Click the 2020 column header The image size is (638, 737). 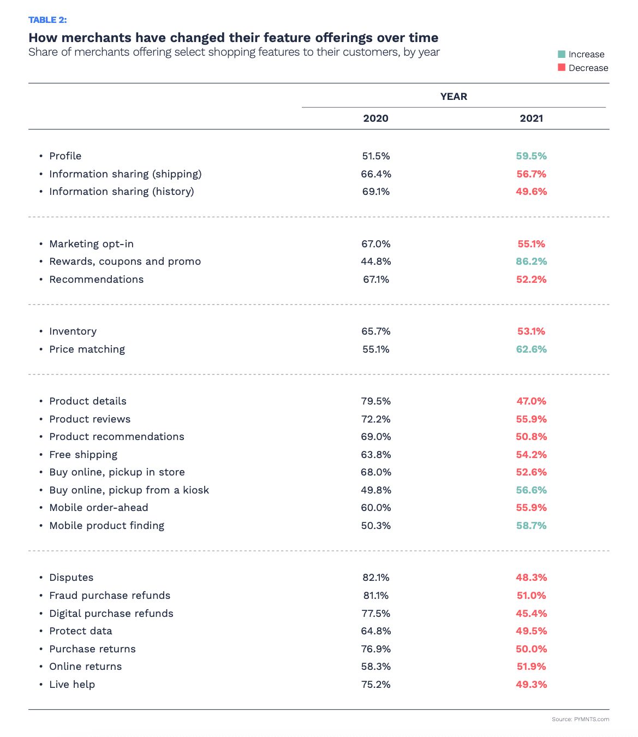coord(375,118)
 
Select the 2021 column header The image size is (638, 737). coord(531,118)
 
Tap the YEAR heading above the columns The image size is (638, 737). coord(454,96)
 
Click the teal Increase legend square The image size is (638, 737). coord(562,54)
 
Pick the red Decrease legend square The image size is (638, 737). coord(562,67)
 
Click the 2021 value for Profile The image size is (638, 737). coord(531,156)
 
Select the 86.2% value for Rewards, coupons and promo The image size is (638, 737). coord(531,261)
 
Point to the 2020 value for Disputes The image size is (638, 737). coord(375,577)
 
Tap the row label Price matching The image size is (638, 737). coord(87,349)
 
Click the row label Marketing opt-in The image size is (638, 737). coord(91,244)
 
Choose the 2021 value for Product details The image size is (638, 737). coord(531,401)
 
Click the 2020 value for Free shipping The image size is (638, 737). coord(375,455)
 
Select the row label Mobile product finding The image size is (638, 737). coord(106,526)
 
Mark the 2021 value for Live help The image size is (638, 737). coord(531,684)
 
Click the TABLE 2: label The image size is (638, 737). coord(47,20)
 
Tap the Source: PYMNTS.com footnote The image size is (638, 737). coord(580,719)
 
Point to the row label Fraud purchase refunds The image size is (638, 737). coord(110,596)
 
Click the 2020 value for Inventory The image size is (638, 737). coord(375,331)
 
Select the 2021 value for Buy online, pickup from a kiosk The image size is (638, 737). coord(531,490)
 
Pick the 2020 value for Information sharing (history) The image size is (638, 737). coord(375,192)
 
